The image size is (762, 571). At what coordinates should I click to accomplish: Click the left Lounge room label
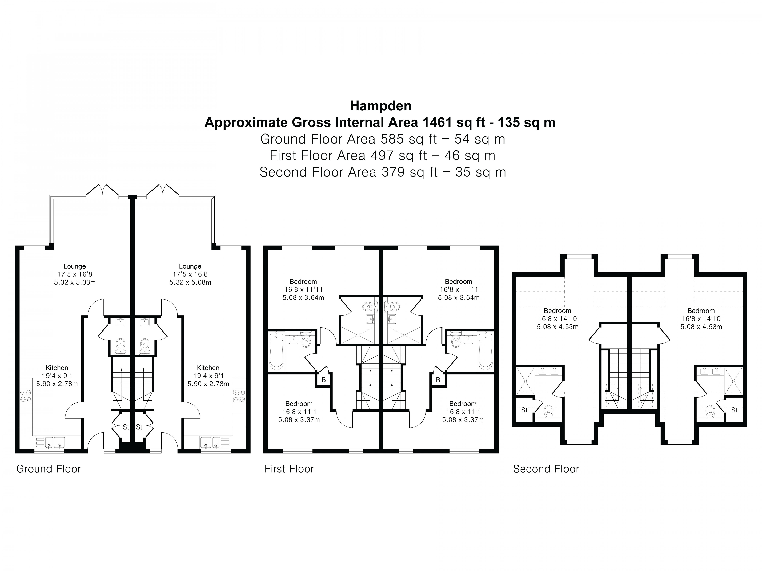(x=74, y=266)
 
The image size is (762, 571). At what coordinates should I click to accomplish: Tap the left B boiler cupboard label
(x=323, y=380)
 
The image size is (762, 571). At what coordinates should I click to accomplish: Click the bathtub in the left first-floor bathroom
(x=276, y=351)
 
